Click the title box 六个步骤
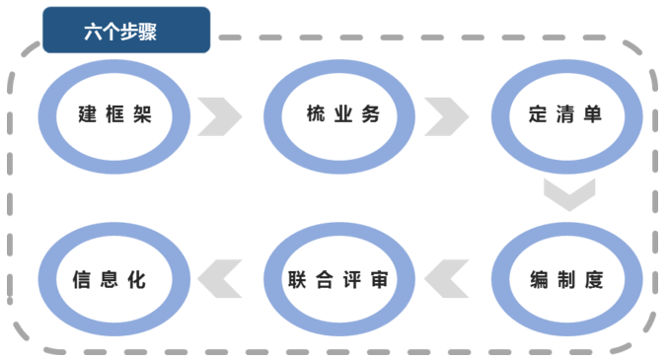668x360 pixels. (x=125, y=30)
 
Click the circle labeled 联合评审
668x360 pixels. (x=338, y=280)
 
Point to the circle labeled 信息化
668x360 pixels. (x=111, y=280)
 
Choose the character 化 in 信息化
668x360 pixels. (x=137, y=280)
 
